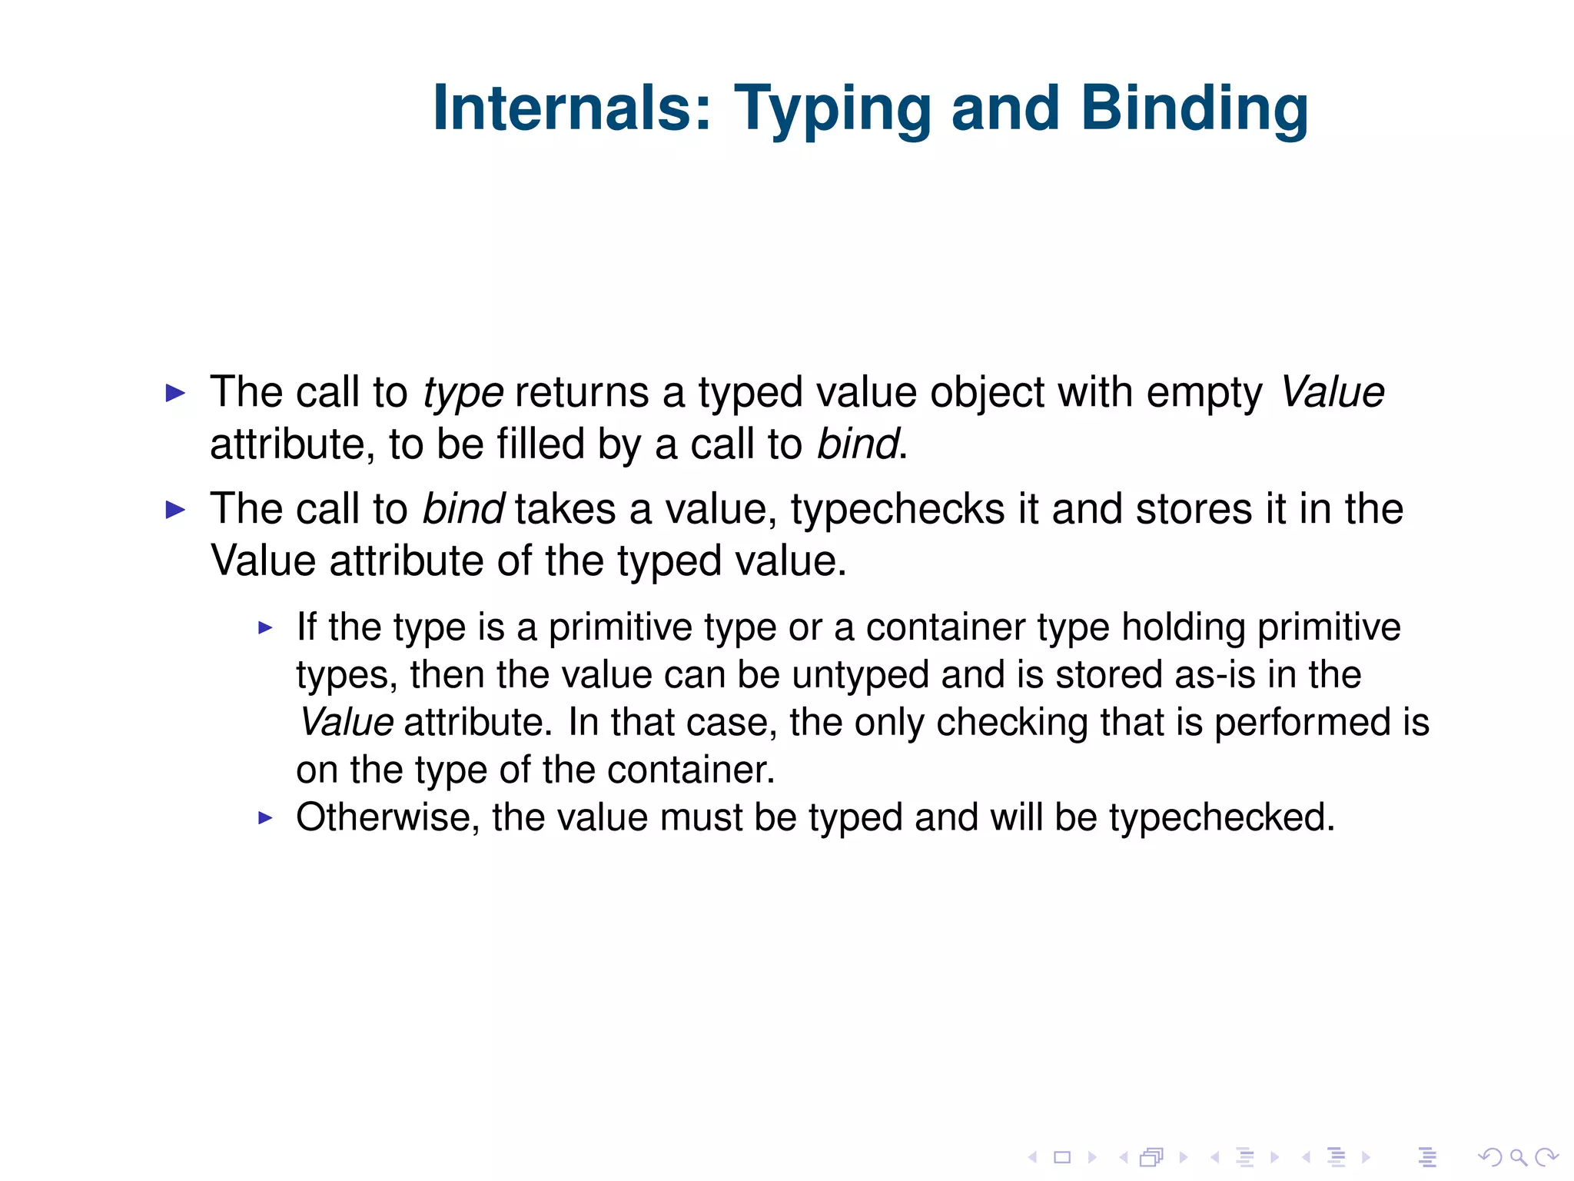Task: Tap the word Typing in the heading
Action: (832, 108)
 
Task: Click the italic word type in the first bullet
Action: (463, 394)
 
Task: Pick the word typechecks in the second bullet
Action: (897, 510)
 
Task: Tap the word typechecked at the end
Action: (1221, 817)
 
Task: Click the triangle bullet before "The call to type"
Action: (176, 394)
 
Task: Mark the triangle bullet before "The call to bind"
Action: (176, 510)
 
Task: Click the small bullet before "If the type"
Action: (266, 628)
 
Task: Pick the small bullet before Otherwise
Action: (266, 818)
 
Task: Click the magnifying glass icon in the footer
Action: (1518, 1157)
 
